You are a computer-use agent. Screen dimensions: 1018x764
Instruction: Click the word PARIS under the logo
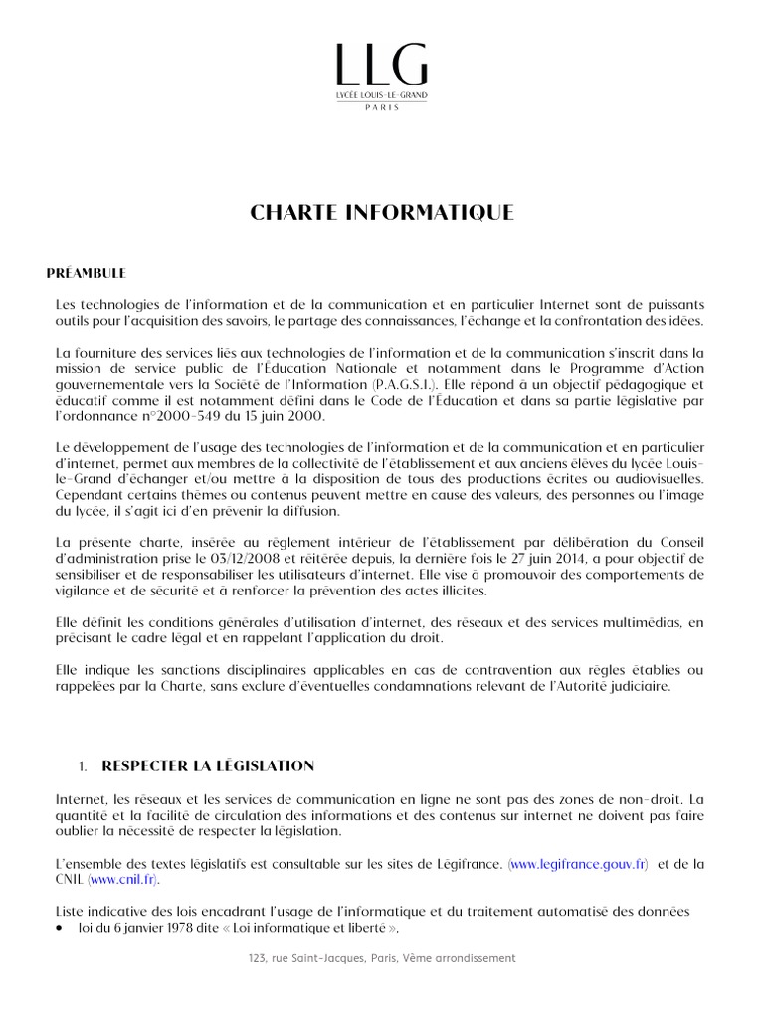381,105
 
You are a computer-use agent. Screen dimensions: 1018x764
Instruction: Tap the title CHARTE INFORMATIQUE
381,212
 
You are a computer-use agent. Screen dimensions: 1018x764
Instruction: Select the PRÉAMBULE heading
88,271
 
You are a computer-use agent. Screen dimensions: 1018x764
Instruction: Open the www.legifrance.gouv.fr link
578,865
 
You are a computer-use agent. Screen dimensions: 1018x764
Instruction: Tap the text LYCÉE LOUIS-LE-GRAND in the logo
381,93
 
